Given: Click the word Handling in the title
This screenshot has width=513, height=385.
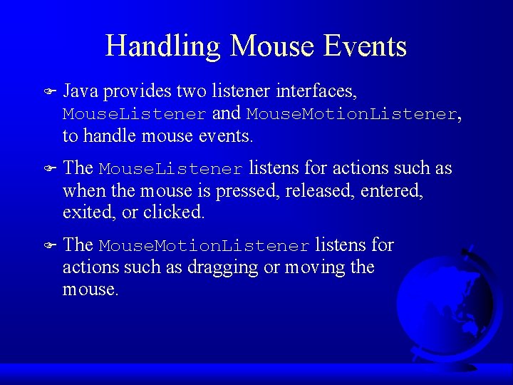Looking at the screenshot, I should click(163, 46).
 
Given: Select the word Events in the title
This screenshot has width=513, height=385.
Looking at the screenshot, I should click(365, 46).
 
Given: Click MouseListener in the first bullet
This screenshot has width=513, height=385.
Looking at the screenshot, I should click(135, 114).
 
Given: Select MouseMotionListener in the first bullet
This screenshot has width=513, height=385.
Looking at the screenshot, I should click(352, 114).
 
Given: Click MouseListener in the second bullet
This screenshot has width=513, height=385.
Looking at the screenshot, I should click(171, 169).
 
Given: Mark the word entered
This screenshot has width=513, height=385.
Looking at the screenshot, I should click(392, 191).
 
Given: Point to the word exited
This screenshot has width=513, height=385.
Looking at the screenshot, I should click(83, 212).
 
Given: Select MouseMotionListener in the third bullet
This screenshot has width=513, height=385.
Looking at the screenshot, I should click(204, 246).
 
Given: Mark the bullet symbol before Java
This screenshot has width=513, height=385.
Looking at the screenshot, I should click(49, 92).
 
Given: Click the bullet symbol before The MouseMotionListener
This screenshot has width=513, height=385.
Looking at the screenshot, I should click(49, 246).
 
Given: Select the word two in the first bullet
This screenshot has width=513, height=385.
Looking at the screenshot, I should click(190, 91).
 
